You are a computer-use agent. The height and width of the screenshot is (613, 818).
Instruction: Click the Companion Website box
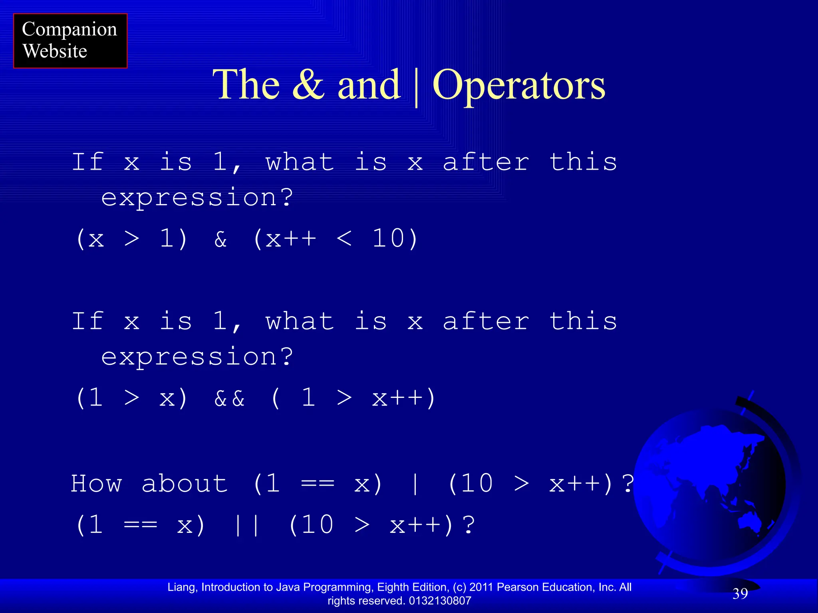click(x=70, y=41)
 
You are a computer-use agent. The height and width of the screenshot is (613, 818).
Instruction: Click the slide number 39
click(x=740, y=594)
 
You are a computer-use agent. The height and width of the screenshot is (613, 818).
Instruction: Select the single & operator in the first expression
click(x=220, y=239)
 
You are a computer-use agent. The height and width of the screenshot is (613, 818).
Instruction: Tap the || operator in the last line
click(x=247, y=525)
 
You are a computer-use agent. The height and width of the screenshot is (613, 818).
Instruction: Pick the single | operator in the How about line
click(x=415, y=484)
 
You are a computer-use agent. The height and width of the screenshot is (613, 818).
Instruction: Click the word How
click(x=96, y=484)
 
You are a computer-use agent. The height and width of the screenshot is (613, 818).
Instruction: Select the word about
click(x=185, y=484)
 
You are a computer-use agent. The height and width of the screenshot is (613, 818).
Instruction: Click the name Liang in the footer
click(x=182, y=587)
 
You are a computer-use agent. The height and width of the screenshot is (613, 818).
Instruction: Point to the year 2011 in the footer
click(x=482, y=587)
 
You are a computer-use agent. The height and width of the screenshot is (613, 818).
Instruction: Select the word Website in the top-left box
click(x=55, y=51)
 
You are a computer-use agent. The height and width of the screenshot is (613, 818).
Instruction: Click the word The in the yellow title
click(x=246, y=85)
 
